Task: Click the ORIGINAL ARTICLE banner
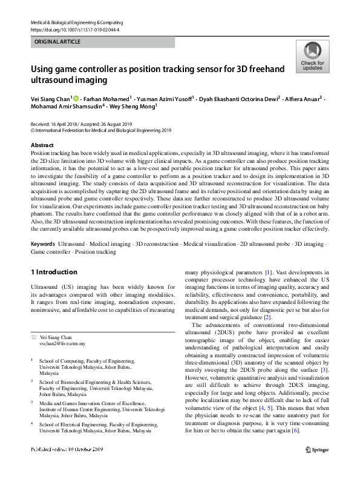click(102, 42)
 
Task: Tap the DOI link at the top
click(74, 29)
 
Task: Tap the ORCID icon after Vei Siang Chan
click(78, 98)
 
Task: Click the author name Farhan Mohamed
click(108, 99)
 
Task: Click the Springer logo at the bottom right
click(317, 466)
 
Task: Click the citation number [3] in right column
click(324, 369)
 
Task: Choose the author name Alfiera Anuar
click(304, 99)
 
